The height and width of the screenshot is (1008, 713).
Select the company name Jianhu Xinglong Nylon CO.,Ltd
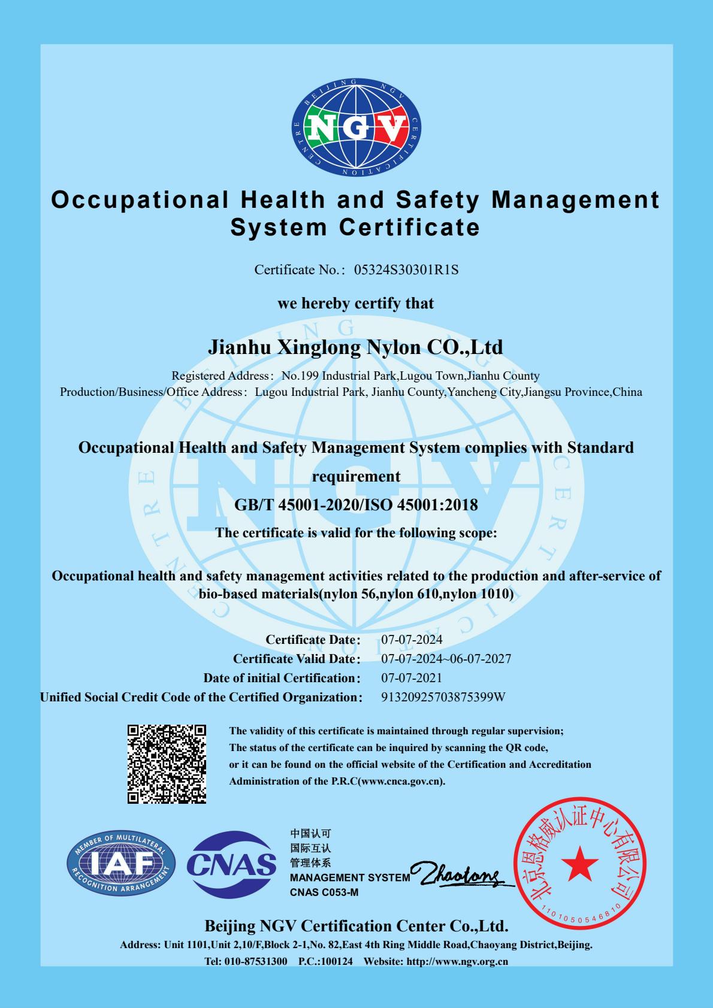(x=355, y=347)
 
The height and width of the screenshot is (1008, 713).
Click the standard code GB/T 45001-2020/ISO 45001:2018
(x=356, y=505)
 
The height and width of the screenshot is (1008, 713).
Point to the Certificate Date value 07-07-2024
(x=412, y=640)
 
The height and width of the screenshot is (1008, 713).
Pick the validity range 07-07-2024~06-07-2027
(x=446, y=659)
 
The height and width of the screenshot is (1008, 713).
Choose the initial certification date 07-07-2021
(x=412, y=678)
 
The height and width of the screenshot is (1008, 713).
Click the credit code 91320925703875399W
(x=443, y=697)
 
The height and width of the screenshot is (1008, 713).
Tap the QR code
(x=167, y=764)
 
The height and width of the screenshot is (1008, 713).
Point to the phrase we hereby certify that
(x=355, y=304)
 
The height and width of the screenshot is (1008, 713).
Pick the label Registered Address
(x=219, y=376)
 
